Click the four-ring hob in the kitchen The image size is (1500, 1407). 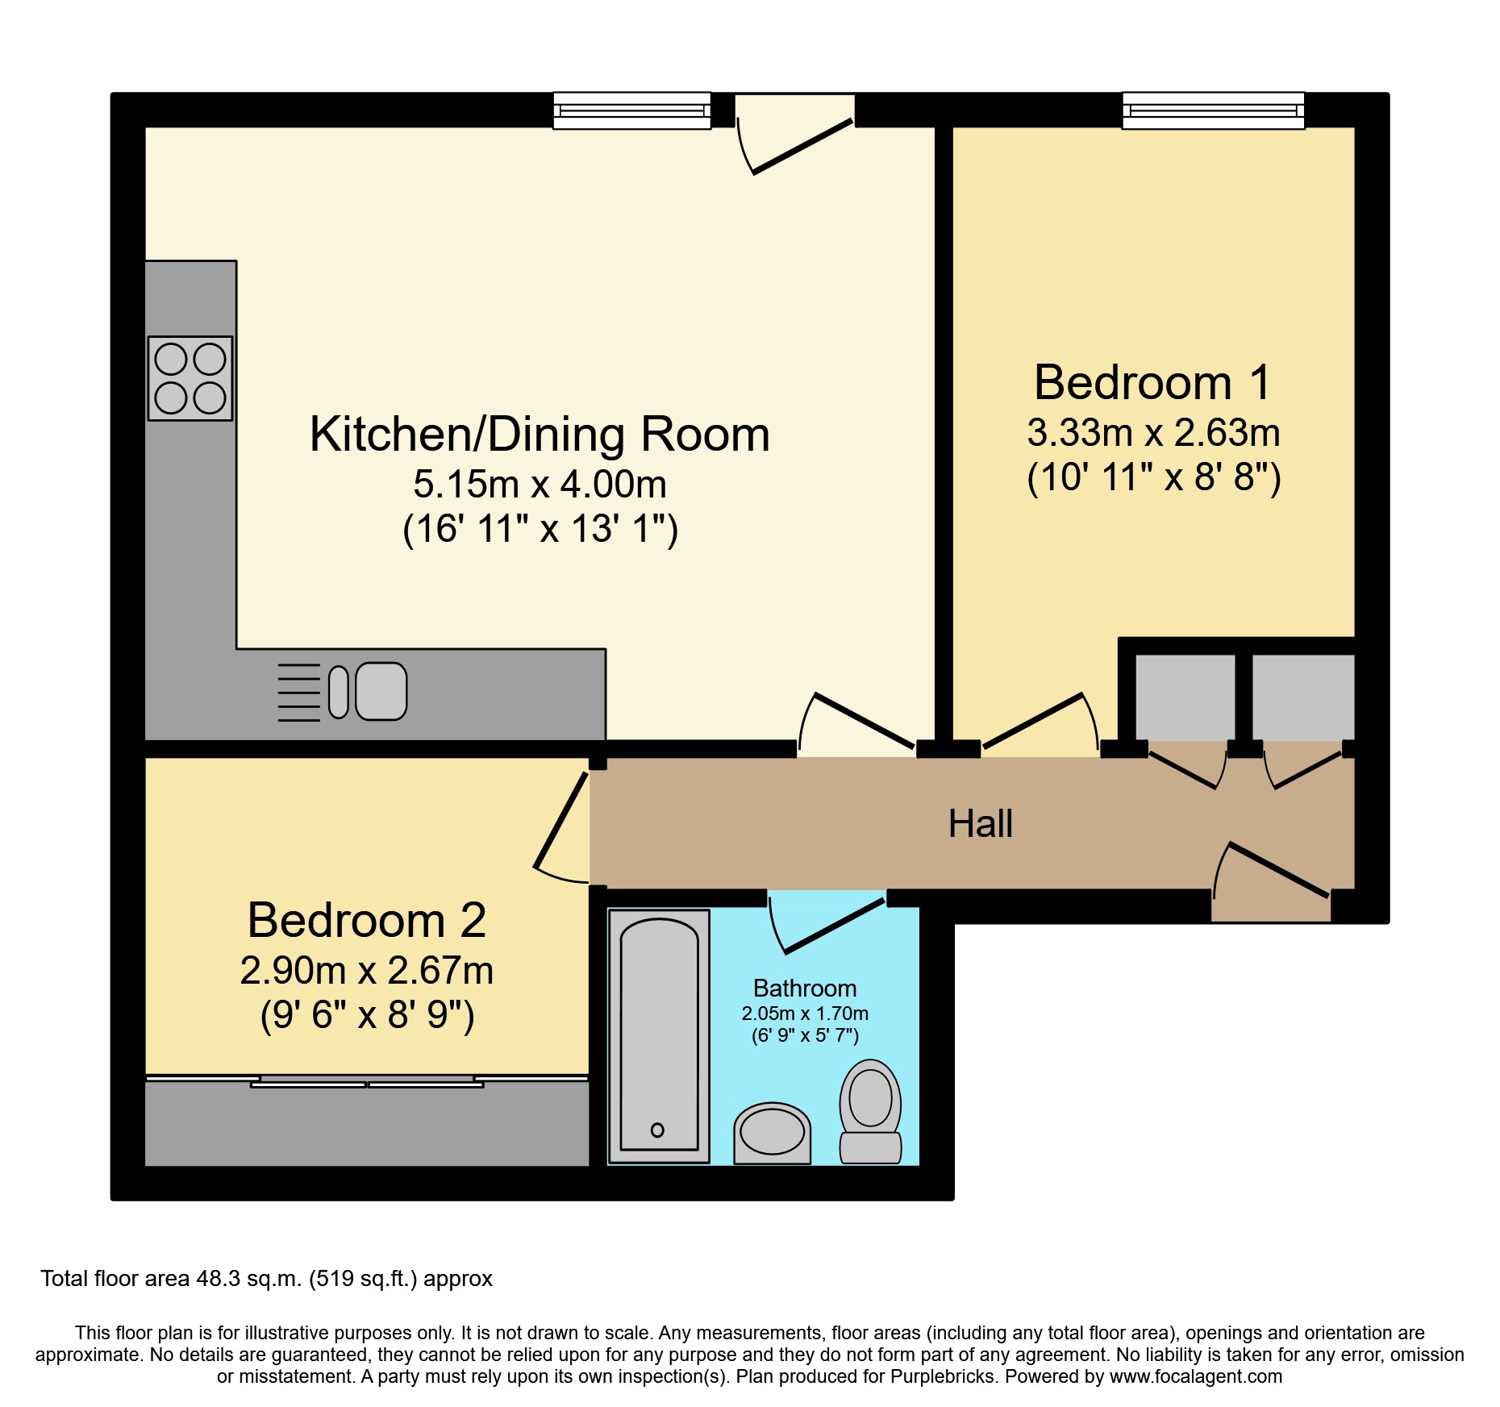click(x=190, y=378)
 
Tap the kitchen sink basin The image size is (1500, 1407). click(x=381, y=691)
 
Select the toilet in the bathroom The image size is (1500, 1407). click(x=870, y=1111)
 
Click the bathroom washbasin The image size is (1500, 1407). click(x=772, y=1133)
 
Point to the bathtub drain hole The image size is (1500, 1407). click(x=657, y=1130)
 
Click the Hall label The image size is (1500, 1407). click(x=980, y=823)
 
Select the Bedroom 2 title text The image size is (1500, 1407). click(x=367, y=920)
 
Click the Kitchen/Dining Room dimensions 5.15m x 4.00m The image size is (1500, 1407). click(x=540, y=485)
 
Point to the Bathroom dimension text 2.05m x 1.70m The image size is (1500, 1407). click(x=805, y=1014)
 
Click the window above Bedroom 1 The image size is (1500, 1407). click(x=1213, y=110)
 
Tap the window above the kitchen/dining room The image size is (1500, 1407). click(x=631, y=110)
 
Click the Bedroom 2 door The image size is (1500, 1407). click(x=561, y=820)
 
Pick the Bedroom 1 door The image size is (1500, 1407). click(x=1032, y=721)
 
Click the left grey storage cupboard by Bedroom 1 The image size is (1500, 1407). click(x=1185, y=697)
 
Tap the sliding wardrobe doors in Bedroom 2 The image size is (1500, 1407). click(x=367, y=1080)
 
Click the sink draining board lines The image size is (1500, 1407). click(x=299, y=693)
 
